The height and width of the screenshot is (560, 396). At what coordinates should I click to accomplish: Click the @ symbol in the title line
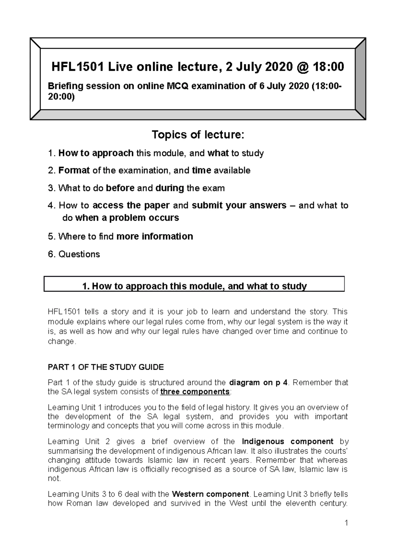303,67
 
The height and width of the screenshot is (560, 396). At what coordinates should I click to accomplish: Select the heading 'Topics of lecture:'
198,135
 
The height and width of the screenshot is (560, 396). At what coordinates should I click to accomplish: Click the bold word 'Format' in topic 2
74,171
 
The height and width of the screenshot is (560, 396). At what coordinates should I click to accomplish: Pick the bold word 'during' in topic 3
170,188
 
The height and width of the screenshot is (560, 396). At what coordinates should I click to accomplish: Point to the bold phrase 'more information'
155,236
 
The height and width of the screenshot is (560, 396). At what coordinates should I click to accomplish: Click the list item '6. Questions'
74,254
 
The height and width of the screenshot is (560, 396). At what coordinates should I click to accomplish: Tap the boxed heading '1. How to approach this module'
194,286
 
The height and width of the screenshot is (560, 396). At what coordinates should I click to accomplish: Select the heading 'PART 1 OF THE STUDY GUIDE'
106,367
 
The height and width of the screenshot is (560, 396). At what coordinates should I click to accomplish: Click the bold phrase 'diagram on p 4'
258,383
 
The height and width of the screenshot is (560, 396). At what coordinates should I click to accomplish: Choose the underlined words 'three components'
195,392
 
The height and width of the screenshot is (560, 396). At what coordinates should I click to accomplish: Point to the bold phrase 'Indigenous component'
288,442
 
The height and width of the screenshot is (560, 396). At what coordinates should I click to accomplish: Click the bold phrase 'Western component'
211,494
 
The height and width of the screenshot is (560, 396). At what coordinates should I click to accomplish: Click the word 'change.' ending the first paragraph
62,342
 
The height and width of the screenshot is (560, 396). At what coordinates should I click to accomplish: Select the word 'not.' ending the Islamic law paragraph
54,479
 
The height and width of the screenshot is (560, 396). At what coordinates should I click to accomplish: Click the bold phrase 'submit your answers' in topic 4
239,205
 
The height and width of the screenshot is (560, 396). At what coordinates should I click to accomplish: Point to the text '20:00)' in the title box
61,97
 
